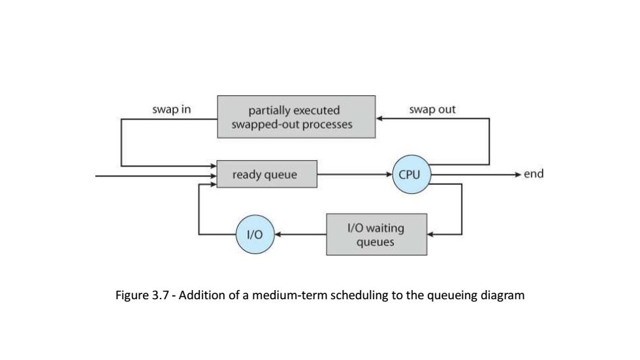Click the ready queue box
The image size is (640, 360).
[x=267, y=174]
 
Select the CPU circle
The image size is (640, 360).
[x=411, y=174]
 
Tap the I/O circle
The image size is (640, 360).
[x=255, y=235]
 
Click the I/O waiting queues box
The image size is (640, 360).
[x=376, y=235]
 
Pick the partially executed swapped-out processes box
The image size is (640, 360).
[x=296, y=117]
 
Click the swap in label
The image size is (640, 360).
[x=171, y=109]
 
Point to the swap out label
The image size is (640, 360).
[x=432, y=109]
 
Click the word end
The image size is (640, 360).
[x=534, y=174]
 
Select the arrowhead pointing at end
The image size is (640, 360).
[x=518, y=174]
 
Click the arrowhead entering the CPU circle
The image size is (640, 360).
[x=389, y=174]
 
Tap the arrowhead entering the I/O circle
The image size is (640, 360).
[x=278, y=235]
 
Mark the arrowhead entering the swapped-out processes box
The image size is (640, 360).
[x=379, y=118]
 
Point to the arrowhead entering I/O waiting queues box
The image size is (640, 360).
[x=431, y=235]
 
